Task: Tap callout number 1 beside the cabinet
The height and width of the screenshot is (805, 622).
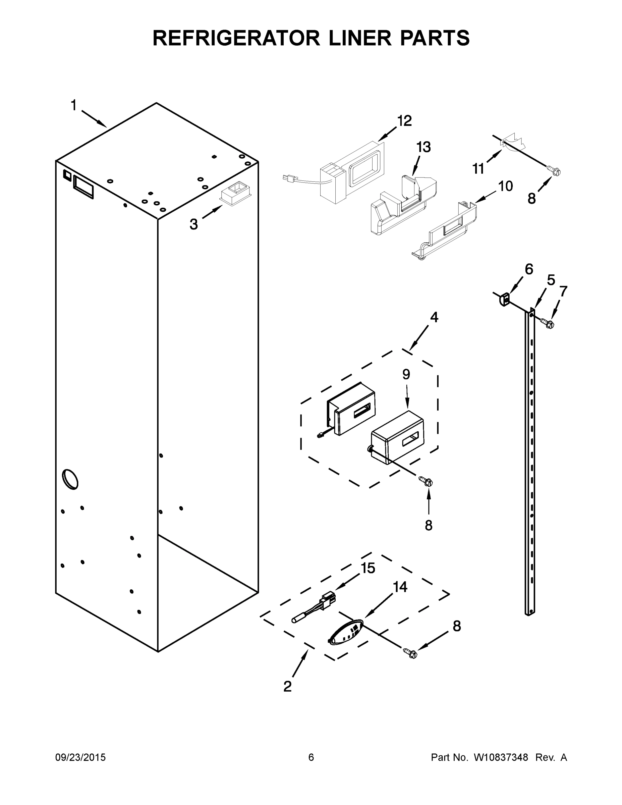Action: (x=74, y=105)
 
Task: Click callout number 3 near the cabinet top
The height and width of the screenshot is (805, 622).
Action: (x=194, y=224)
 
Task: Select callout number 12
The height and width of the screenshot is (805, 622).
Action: (x=405, y=120)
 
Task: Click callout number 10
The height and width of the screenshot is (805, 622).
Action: (x=505, y=186)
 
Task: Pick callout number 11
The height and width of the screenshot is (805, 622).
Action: (x=478, y=169)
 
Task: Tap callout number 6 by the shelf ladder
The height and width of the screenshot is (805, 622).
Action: (x=529, y=269)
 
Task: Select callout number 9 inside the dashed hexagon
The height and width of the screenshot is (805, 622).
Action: (x=406, y=374)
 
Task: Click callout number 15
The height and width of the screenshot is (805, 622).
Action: (x=368, y=568)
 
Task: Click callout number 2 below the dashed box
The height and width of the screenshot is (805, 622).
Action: (x=287, y=686)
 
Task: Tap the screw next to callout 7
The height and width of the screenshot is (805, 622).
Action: (x=548, y=323)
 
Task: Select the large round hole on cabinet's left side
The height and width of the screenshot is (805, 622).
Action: (x=70, y=479)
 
